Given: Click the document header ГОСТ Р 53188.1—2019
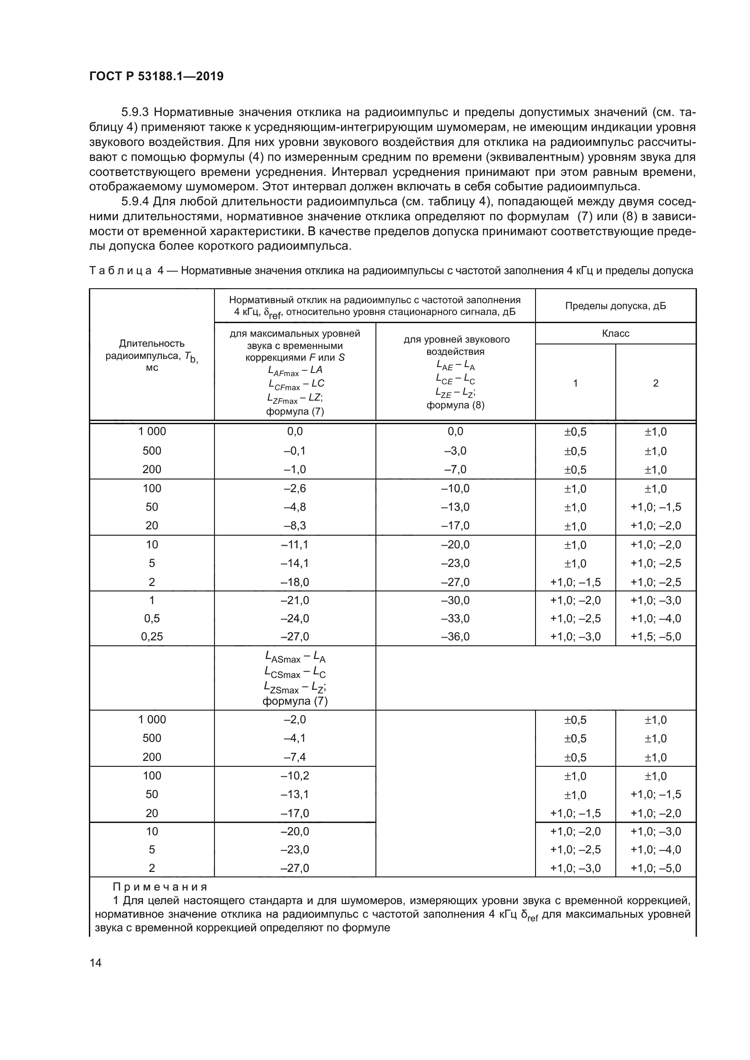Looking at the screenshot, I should click(156, 76).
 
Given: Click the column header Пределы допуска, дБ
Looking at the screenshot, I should click(615, 305).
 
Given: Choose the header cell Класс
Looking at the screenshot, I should click(615, 334).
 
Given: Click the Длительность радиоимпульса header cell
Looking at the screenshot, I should click(151, 355).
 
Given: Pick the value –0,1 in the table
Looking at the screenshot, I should click(295, 450).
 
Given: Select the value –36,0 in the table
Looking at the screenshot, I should click(455, 637).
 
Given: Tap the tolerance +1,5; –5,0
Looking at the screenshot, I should click(655, 637).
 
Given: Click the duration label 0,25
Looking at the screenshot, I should click(151, 637).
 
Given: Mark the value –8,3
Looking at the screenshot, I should click(295, 525).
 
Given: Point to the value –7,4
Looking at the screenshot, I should click(295, 757).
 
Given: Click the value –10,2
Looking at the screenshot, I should click(295, 775).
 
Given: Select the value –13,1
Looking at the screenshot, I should click(295, 794).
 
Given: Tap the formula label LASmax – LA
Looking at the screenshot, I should click(295, 658).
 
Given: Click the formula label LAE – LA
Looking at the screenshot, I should click(455, 366).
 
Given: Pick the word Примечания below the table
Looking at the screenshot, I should click(160, 887).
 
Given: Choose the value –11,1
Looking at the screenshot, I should click(295, 545).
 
